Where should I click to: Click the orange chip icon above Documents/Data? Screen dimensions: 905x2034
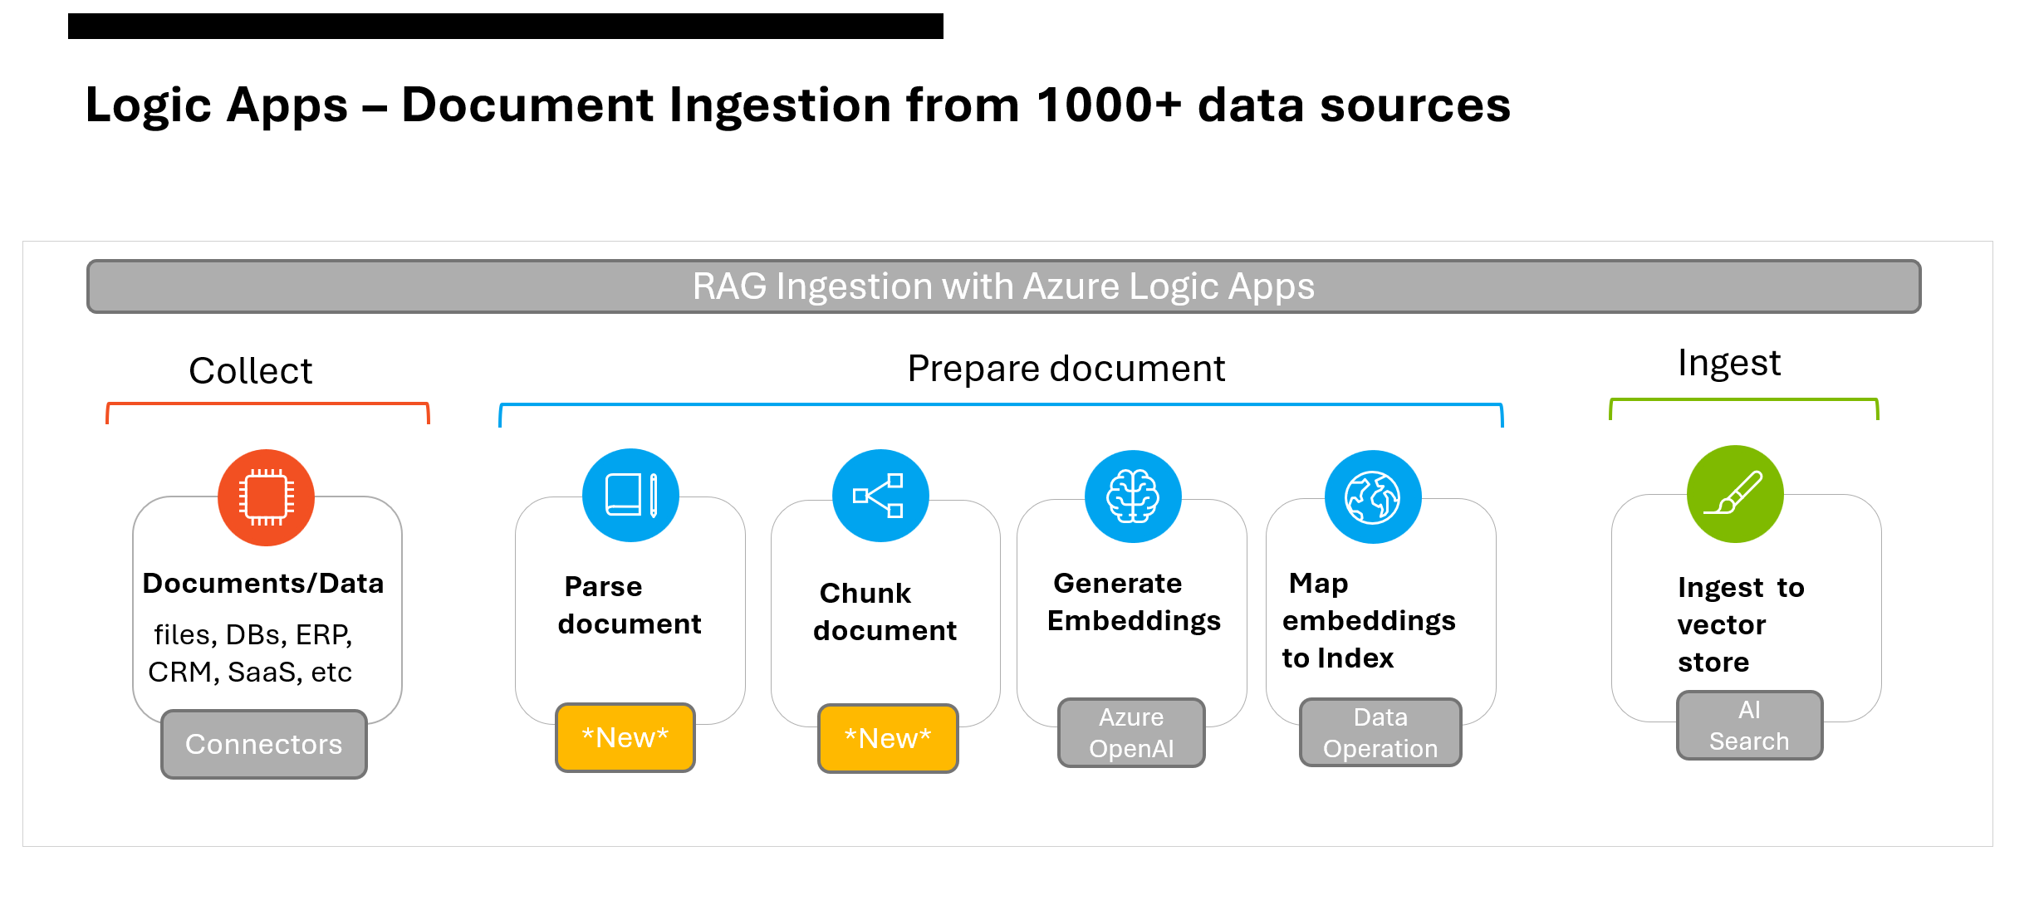pyautogui.click(x=266, y=497)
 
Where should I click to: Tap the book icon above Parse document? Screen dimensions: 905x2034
pyautogui.click(x=630, y=496)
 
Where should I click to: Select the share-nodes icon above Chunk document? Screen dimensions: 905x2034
pyautogui.click(x=880, y=496)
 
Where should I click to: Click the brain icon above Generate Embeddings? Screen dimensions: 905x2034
pyautogui.click(x=1133, y=497)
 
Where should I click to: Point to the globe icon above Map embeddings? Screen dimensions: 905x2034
pyautogui.click(x=1373, y=497)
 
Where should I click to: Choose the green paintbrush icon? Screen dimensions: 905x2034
pyautogui.click(x=1735, y=494)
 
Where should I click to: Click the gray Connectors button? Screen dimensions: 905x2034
pyautogui.click(x=263, y=744)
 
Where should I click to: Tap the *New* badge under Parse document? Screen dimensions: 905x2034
pyautogui.click(x=625, y=737)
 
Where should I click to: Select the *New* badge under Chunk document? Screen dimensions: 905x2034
pyautogui.click(x=888, y=738)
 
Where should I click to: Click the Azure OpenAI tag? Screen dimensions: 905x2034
pyautogui.click(x=1131, y=732)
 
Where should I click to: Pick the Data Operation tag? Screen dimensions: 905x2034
pyautogui.click(x=1380, y=732)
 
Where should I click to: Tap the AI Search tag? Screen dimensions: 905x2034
pyautogui.click(x=1749, y=725)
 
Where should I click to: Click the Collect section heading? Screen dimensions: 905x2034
pyautogui.click(x=250, y=370)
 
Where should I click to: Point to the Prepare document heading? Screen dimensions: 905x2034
pyautogui.click(x=1066, y=369)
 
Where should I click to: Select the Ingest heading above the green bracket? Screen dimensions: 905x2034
pyautogui.click(x=1728, y=363)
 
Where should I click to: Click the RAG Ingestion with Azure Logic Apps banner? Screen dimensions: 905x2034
pyautogui.click(x=1003, y=286)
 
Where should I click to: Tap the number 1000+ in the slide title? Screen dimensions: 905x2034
pyautogui.click(x=1108, y=105)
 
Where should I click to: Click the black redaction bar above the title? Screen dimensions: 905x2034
pyautogui.click(x=505, y=26)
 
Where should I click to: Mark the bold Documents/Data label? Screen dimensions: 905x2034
pyautogui.click(x=263, y=584)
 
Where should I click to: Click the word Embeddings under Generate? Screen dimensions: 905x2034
pyautogui.click(x=1134, y=621)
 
